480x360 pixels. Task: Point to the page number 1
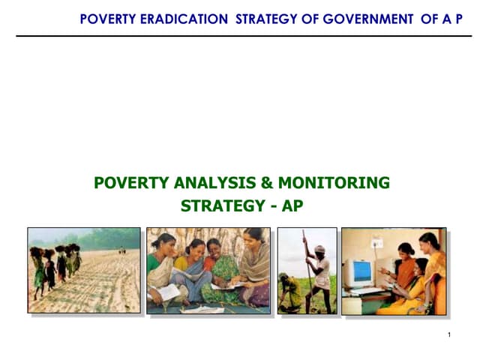pyautogui.click(x=448, y=334)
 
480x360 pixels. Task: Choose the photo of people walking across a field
pyautogui.click(x=84, y=270)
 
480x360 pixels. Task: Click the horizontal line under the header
pyautogui.click(x=240, y=35)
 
